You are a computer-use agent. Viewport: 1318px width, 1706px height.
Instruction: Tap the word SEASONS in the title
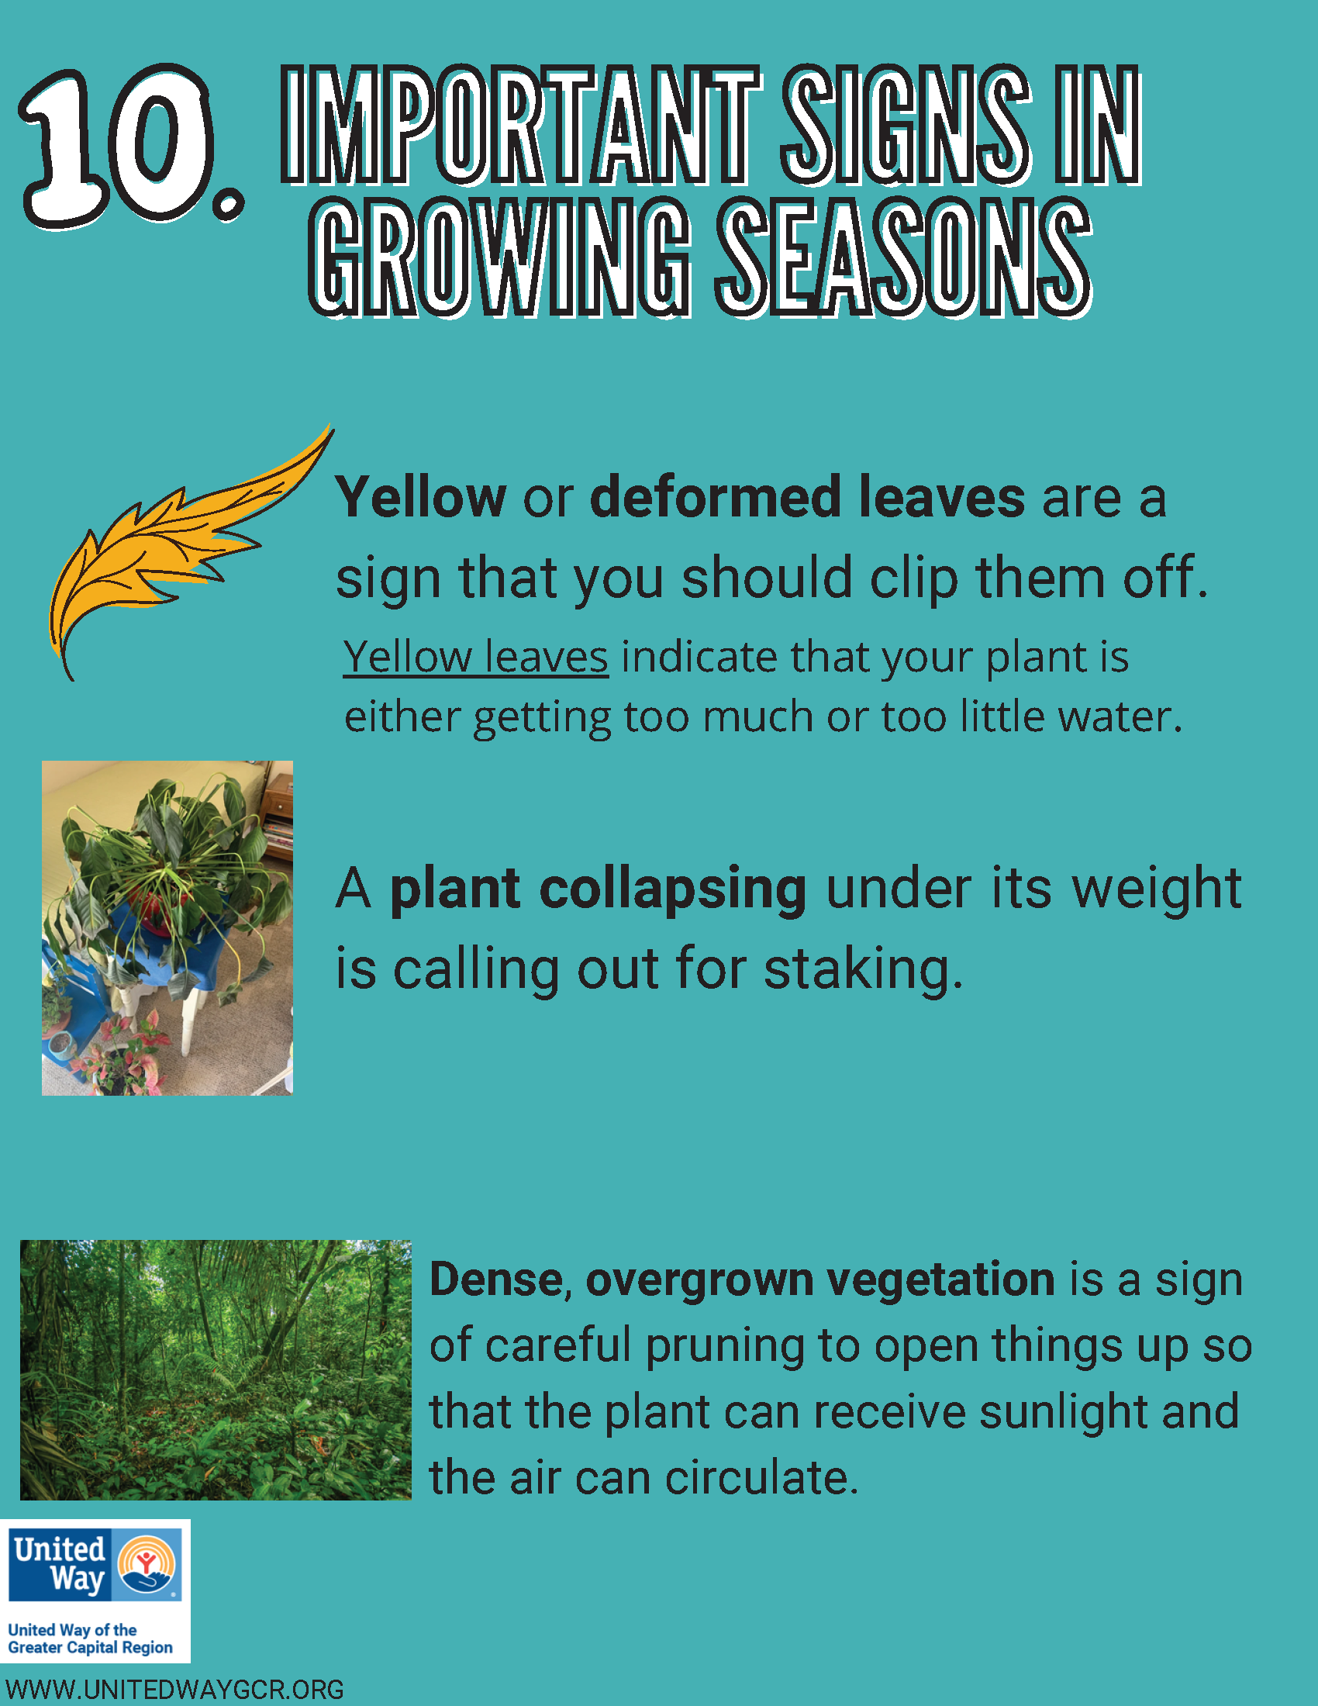(903, 257)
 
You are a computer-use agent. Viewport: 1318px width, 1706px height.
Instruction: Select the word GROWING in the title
(500, 257)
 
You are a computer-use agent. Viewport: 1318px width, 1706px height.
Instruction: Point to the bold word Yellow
(421, 498)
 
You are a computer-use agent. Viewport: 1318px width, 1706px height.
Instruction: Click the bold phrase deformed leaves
(806, 498)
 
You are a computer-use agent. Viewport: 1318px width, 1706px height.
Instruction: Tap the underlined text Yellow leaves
(475, 657)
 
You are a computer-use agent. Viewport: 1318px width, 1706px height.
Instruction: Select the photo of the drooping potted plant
(167, 928)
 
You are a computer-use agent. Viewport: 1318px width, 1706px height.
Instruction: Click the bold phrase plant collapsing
(598, 889)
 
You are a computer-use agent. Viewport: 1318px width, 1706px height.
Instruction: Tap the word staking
(863, 969)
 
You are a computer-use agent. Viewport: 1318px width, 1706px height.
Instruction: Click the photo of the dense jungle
(216, 1369)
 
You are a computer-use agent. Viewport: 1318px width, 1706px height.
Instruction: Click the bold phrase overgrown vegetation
(819, 1280)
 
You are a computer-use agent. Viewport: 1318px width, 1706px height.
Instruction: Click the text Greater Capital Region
(90, 1647)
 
